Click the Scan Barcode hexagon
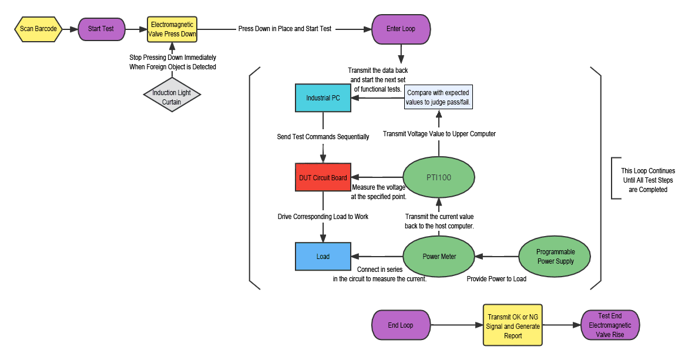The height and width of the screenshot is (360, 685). coord(38,29)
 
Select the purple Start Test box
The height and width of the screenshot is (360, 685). coord(100,29)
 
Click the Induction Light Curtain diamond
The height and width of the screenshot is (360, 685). coord(172,97)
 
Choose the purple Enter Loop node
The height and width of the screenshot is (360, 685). coord(401,29)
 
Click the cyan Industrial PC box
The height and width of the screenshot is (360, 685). coord(323,98)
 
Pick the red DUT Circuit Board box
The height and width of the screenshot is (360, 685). coord(323,177)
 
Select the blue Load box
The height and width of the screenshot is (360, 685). coord(323,257)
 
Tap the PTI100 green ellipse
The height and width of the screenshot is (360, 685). coord(439,177)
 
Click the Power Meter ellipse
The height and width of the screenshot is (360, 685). coord(439,257)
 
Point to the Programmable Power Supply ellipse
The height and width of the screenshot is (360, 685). coord(555,257)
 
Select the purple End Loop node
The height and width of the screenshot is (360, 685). coord(400,325)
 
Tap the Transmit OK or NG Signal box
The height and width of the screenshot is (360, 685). coord(512,325)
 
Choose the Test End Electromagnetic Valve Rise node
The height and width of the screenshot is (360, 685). coord(610,325)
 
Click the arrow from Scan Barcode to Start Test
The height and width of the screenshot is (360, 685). coord(70,29)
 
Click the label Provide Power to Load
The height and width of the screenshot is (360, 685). coord(496,279)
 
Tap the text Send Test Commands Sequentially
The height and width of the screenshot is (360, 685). coord(323,137)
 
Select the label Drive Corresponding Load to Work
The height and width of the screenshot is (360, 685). coord(323,217)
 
